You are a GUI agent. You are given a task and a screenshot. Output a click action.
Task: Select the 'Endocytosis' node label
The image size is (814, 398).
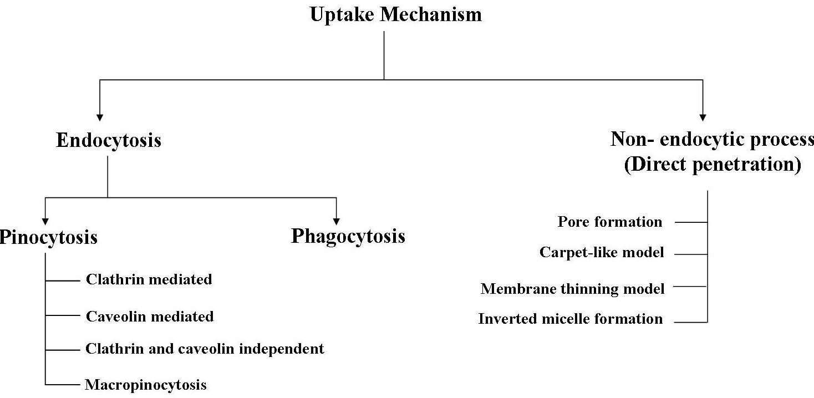[109, 141]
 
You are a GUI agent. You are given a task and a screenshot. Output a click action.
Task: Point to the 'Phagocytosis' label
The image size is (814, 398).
[348, 237]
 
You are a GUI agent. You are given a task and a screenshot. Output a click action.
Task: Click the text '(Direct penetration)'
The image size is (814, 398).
[713, 165]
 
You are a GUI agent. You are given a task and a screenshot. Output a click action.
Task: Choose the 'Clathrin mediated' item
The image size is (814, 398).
[149, 279]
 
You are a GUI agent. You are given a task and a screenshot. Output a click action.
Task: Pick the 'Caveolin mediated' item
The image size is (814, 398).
[150, 317]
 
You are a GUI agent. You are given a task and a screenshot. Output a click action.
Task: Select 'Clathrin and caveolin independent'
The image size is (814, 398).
[205, 349]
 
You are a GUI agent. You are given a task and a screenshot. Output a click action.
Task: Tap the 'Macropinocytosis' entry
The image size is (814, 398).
[146, 385]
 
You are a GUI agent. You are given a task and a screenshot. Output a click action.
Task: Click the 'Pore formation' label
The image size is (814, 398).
[610, 222]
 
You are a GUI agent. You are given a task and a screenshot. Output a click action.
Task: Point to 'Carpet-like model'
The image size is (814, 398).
[602, 252]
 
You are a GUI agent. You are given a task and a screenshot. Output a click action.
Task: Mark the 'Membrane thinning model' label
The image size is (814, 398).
[572, 289]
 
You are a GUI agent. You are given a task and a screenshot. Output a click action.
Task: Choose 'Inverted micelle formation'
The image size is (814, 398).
[571, 319]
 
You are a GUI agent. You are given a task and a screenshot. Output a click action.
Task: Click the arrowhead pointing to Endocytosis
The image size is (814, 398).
[100, 118]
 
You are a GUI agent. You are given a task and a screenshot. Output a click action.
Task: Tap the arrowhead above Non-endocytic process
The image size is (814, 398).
[703, 118]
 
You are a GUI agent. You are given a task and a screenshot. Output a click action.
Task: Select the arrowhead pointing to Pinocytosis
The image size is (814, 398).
[45, 222]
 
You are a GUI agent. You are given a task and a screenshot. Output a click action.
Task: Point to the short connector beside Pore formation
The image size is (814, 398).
[691, 222]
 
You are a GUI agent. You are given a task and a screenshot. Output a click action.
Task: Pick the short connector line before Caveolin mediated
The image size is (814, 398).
[63, 315]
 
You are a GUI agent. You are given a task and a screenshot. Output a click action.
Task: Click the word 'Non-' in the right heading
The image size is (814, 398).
[632, 139]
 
